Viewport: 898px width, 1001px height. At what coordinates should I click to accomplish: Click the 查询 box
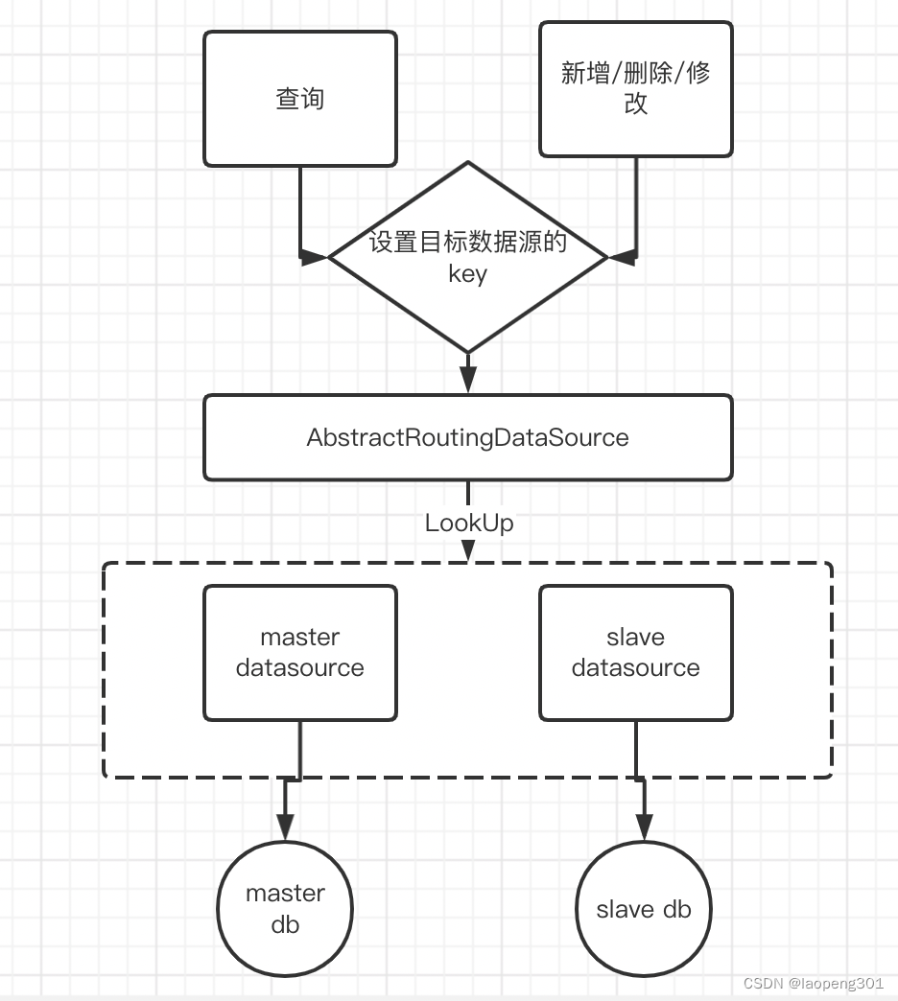point(300,99)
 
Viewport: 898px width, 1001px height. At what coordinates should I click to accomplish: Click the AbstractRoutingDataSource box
point(468,438)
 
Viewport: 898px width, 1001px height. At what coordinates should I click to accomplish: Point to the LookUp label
point(469,523)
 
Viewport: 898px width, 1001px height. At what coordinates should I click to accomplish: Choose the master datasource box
point(300,653)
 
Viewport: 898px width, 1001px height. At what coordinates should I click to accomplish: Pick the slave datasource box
point(636,653)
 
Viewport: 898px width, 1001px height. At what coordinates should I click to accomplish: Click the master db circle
point(285,908)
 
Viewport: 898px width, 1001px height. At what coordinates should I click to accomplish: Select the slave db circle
point(644,908)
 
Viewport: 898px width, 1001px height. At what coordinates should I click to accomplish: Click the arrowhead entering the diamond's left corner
point(315,257)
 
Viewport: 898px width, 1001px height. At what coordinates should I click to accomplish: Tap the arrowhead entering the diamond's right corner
point(623,257)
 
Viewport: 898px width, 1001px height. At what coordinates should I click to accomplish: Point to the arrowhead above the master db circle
point(285,826)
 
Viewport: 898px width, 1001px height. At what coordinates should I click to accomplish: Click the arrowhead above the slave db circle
point(644,826)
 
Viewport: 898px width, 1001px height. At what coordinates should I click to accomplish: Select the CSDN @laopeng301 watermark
point(814,984)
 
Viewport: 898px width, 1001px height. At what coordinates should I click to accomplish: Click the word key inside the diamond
point(468,274)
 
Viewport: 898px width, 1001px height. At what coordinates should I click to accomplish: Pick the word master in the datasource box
point(300,638)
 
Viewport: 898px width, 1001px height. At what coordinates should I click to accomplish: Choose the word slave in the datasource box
point(636,638)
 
